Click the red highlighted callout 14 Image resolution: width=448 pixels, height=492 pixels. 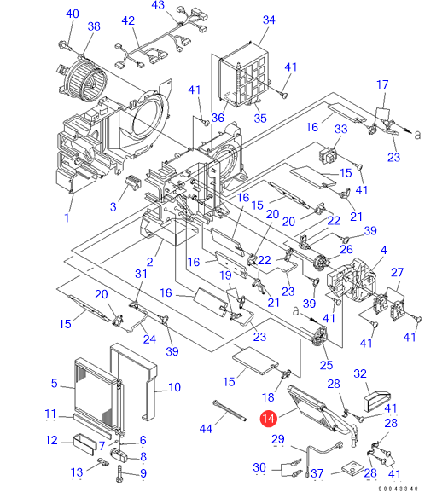(269, 419)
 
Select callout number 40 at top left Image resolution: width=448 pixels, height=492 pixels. (73, 14)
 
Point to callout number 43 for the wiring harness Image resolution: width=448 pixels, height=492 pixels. (158, 5)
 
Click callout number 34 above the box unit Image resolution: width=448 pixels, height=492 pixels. (269, 20)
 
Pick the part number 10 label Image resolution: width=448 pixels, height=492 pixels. (174, 387)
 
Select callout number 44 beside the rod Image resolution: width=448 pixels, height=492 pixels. (206, 429)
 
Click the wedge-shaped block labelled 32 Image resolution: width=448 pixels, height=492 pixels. (376, 401)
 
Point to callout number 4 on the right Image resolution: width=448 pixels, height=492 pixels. (384, 250)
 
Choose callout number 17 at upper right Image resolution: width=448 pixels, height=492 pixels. (382, 84)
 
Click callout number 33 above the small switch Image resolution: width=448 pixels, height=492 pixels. (341, 129)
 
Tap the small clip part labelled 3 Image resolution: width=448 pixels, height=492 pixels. (133, 182)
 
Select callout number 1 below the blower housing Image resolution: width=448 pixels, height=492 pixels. (67, 217)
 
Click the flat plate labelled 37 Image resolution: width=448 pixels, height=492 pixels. (351, 468)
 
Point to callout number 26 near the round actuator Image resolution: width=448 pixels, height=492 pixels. (346, 250)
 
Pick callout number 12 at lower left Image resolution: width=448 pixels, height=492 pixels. (51, 440)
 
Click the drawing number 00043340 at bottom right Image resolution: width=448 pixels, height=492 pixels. (399, 489)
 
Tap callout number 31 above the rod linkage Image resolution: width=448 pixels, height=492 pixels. (141, 274)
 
